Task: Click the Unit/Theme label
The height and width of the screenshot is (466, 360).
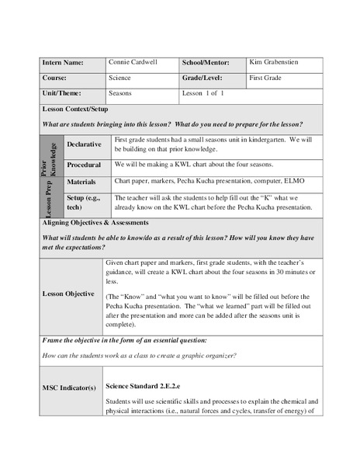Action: [58, 94]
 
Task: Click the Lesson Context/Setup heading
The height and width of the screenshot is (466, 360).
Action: [77, 110]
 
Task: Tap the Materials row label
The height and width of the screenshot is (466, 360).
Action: [81, 183]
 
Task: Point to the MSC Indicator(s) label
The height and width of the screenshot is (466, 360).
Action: [68, 386]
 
